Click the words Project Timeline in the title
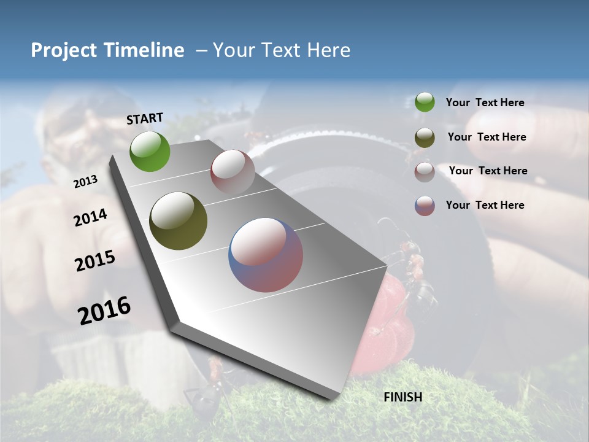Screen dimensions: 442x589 pyautogui.click(x=107, y=50)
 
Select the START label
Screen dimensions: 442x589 pyautogui.click(x=145, y=118)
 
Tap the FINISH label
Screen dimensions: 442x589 pyautogui.click(x=403, y=397)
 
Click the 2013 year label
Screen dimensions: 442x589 pyautogui.click(x=85, y=182)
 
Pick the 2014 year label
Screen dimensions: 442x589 pyautogui.click(x=90, y=217)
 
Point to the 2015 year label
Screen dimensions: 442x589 pyautogui.click(x=95, y=261)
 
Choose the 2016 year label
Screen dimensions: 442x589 pyautogui.click(x=104, y=311)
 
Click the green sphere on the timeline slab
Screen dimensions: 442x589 pyautogui.click(x=150, y=152)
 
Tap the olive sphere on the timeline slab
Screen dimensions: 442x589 pyautogui.click(x=178, y=221)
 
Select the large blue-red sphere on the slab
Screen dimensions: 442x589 pyautogui.click(x=266, y=255)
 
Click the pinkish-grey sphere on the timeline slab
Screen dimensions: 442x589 pyautogui.click(x=233, y=173)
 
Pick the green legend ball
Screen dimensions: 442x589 pyautogui.click(x=425, y=103)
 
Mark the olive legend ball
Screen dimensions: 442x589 pyautogui.click(x=425, y=138)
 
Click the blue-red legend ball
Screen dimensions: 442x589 pyautogui.click(x=425, y=206)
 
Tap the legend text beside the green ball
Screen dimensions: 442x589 pyautogui.click(x=485, y=103)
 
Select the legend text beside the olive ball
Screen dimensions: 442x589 pyautogui.click(x=487, y=137)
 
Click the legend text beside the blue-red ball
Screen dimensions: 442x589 pyautogui.click(x=485, y=205)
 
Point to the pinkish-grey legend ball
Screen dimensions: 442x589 pyautogui.click(x=425, y=172)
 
